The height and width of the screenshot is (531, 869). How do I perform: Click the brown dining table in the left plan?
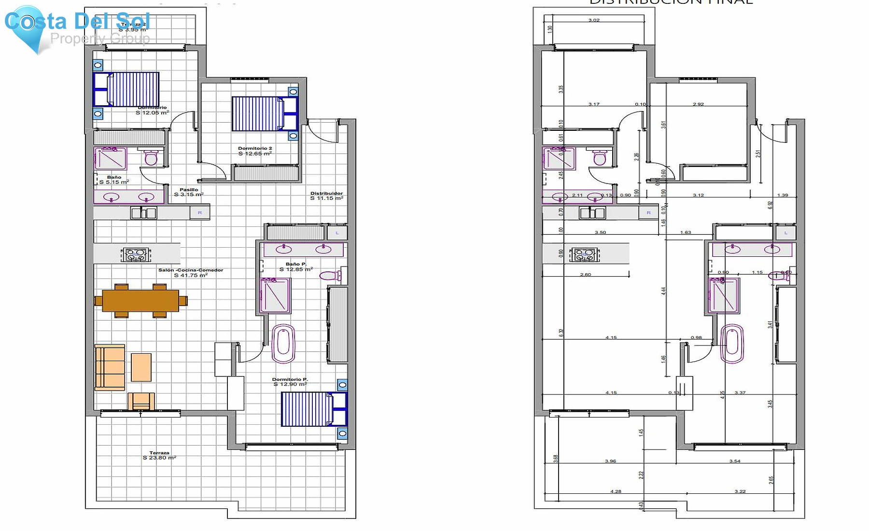(140, 300)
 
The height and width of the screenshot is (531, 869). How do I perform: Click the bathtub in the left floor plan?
(283, 343)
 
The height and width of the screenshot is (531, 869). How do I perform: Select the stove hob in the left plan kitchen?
(136, 254)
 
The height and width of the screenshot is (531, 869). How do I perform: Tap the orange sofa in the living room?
(110, 367)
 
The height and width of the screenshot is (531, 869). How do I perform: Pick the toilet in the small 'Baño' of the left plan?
(151, 157)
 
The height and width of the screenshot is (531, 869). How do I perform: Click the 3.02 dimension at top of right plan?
(594, 20)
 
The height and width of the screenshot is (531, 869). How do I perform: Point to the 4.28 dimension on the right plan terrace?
(616, 491)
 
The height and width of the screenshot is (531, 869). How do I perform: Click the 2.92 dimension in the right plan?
(698, 104)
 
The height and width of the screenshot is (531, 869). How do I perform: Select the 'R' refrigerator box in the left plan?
(200, 212)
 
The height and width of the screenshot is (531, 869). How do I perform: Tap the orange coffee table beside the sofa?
(141, 367)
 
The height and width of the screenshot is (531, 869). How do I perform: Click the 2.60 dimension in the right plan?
(585, 275)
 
